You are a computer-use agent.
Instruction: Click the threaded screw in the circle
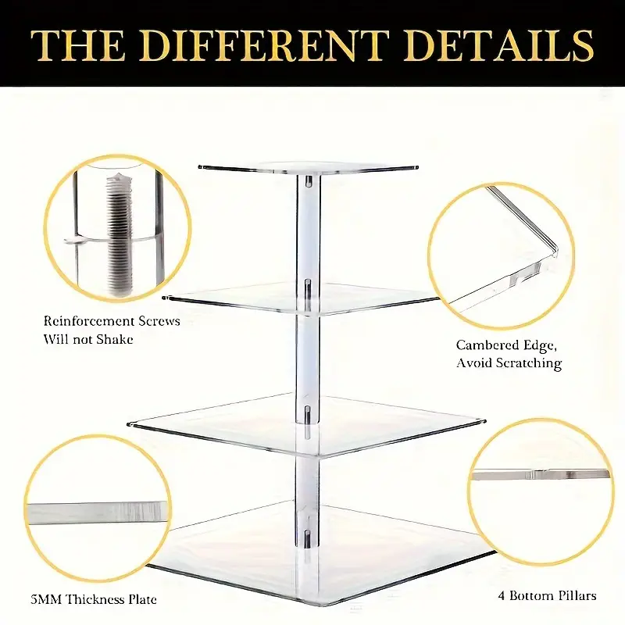[119, 235]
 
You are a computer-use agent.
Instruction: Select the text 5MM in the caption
[46, 599]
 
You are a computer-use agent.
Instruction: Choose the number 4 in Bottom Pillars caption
[501, 596]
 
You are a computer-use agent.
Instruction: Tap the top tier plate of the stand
[308, 169]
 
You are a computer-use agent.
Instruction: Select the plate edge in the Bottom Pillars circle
[540, 475]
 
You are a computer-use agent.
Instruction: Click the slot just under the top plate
[308, 181]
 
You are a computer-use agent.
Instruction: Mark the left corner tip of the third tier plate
[128, 425]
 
